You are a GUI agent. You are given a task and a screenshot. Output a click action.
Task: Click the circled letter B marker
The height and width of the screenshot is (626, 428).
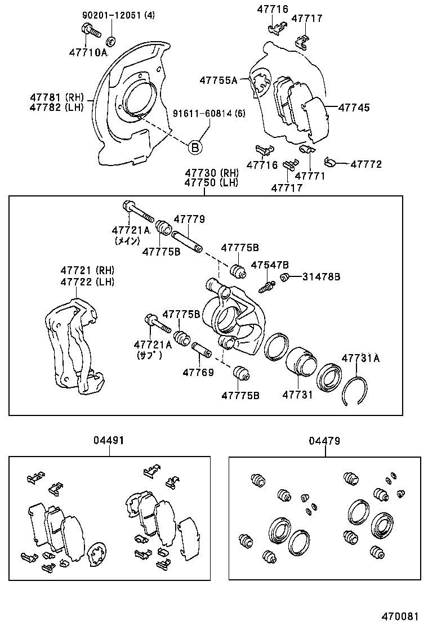(194, 148)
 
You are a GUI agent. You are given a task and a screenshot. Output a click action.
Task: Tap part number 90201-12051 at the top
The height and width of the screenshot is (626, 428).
(112, 15)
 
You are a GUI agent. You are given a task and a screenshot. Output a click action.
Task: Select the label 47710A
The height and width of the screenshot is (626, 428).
(88, 52)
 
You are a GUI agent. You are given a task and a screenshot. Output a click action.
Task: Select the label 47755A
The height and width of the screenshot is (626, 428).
(219, 81)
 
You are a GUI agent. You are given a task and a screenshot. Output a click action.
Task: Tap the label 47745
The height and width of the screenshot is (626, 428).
(354, 107)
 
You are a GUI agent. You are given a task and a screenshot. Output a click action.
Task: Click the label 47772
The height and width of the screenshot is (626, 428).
(365, 164)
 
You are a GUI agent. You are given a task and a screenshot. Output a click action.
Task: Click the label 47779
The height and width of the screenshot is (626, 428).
(189, 220)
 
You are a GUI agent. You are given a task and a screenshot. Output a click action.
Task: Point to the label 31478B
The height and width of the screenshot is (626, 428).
(321, 276)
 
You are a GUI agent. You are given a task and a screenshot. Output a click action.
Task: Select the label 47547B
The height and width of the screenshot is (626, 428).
(270, 265)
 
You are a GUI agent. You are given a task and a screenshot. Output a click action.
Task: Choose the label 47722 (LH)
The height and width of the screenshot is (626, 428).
(87, 281)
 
